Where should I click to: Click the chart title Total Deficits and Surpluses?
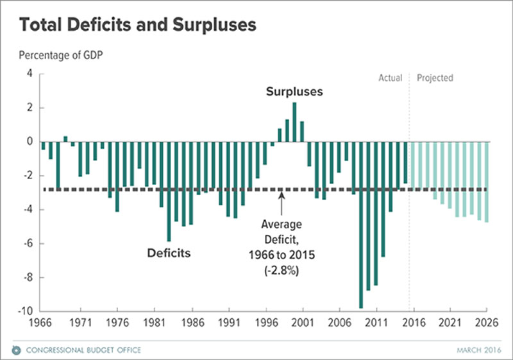(x=138, y=26)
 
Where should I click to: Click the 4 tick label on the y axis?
(x=29, y=74)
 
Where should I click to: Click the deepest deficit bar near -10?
(x=361, y=225)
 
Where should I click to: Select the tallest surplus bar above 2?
(x=294, y=122)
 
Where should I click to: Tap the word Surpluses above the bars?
(x=294, y=92)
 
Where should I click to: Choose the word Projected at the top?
(x=435, y=78)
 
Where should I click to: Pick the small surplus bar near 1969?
(x=65, y=139)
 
